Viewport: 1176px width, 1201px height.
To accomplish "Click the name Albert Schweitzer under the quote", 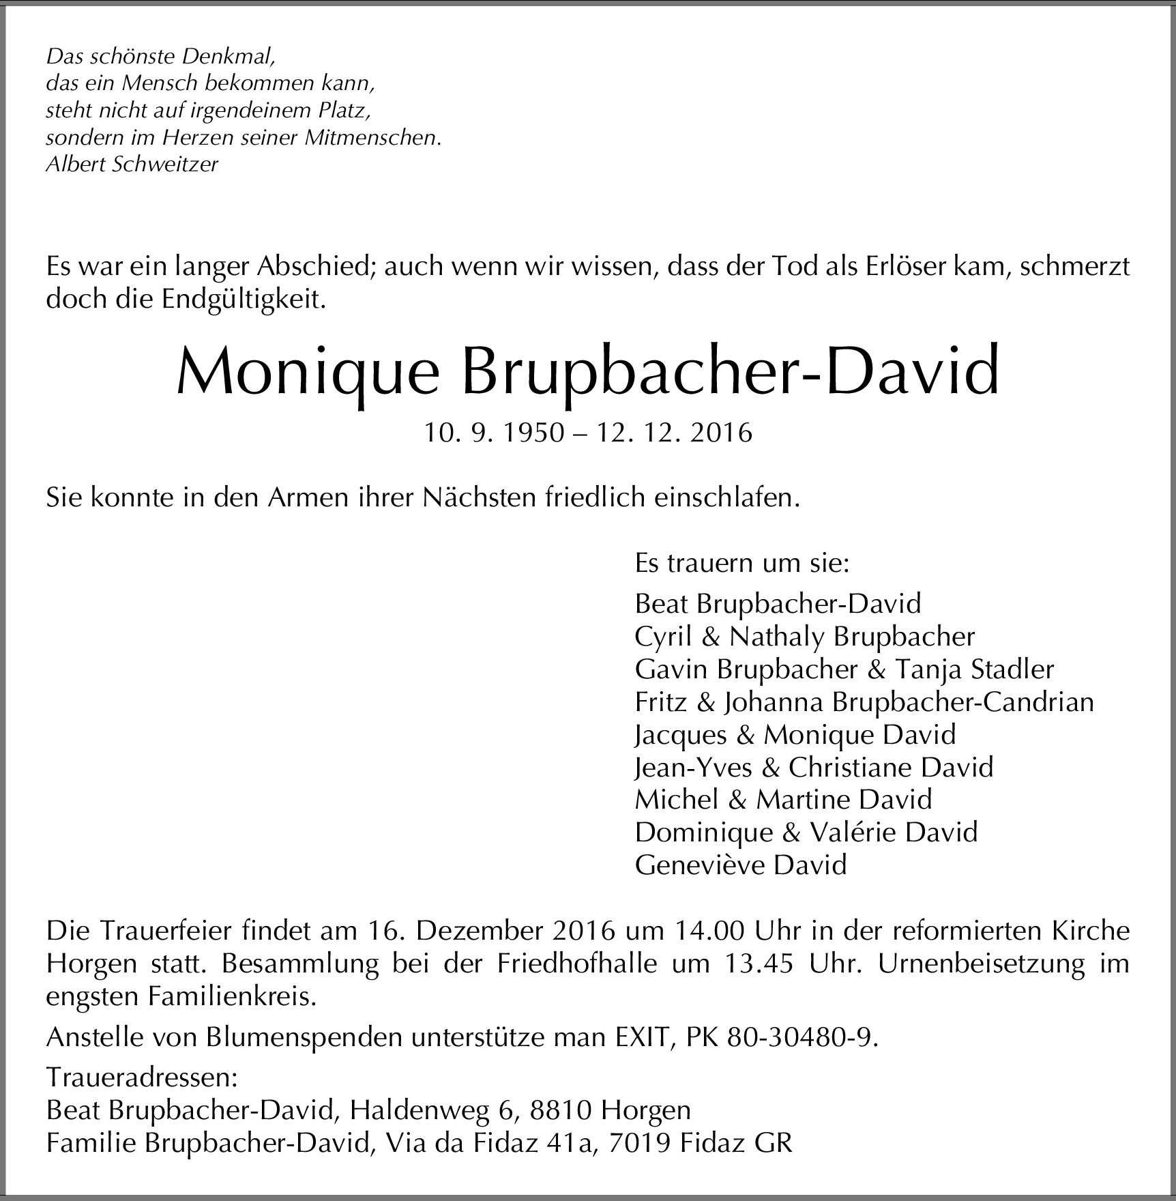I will [132, 164].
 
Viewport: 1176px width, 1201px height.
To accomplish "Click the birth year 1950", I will [531, 433].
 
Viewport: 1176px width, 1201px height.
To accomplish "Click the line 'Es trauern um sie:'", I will [741, 563].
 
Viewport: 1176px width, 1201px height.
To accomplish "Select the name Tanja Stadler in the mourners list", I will [974, 669].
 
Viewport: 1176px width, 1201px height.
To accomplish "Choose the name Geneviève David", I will [740, 865].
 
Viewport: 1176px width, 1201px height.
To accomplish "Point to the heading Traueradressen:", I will [141, 1077].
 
